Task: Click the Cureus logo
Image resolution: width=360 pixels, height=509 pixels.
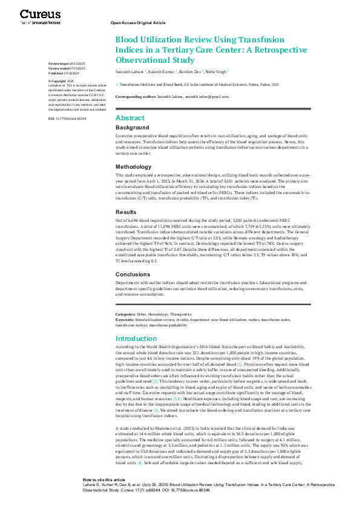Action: pos(36,15)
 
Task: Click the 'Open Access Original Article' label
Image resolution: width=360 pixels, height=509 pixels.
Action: pos(138,22)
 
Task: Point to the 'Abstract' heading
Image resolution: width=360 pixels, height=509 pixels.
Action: pos(129,117)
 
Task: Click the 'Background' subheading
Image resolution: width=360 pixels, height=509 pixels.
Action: pos(133,128)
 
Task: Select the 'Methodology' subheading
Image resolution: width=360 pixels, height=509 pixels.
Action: pos(134,167)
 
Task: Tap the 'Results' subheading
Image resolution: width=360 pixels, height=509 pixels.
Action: pos(126,212)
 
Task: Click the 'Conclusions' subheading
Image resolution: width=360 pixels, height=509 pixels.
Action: pos(133,274)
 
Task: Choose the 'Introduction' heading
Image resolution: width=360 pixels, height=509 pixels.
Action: pos(136,339)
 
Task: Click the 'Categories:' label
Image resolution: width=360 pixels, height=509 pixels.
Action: pos(125,314)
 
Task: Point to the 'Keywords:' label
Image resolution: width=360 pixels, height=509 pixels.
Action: pos(125,319)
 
